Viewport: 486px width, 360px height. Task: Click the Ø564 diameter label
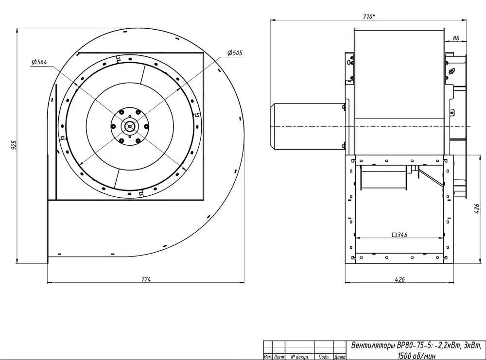point(39,62)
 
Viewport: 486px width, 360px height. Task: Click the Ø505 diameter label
point(235,52)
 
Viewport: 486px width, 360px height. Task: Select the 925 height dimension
point(14,145)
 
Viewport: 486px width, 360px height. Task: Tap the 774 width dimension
point(146,279)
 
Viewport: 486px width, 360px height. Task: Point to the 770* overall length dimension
point(369,17)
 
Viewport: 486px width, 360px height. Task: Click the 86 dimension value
point(456,38)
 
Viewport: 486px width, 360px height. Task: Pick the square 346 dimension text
point(399,235)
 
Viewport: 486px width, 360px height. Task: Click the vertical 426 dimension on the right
point(477,209)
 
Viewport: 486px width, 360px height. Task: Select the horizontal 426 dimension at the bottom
point(399,279)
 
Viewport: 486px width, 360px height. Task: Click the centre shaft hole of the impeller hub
point(130,126)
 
